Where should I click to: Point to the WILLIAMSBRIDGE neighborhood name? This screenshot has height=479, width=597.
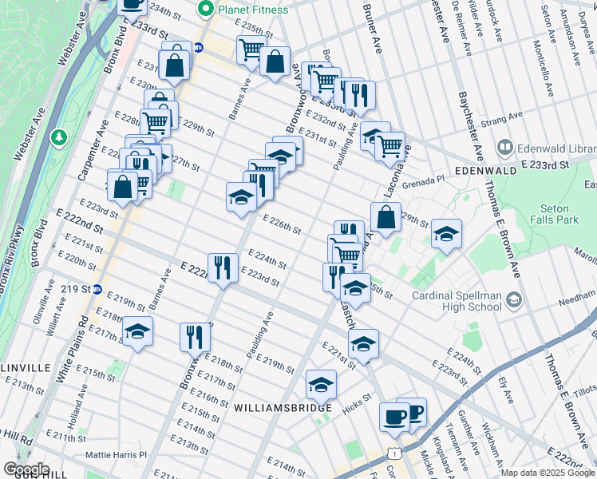[x=283, y=408]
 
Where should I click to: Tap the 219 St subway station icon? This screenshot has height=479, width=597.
[x=97, y=289]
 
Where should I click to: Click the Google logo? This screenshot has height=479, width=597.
[x=26, y=469]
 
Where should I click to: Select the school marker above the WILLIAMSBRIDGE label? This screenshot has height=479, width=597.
[x=321, y=384]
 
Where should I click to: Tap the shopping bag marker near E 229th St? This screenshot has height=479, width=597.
[x=385, y=216]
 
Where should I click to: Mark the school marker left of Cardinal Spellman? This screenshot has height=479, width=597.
[x=355, y=287]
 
